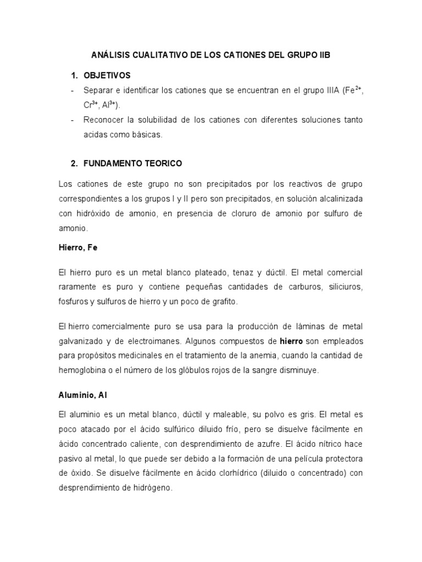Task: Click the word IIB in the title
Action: click(x=324, y=56)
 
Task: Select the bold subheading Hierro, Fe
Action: click(x=77, y=248)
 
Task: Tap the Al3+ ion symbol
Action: click(x=112, y=104)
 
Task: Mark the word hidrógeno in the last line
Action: click(x=151, y=487)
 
